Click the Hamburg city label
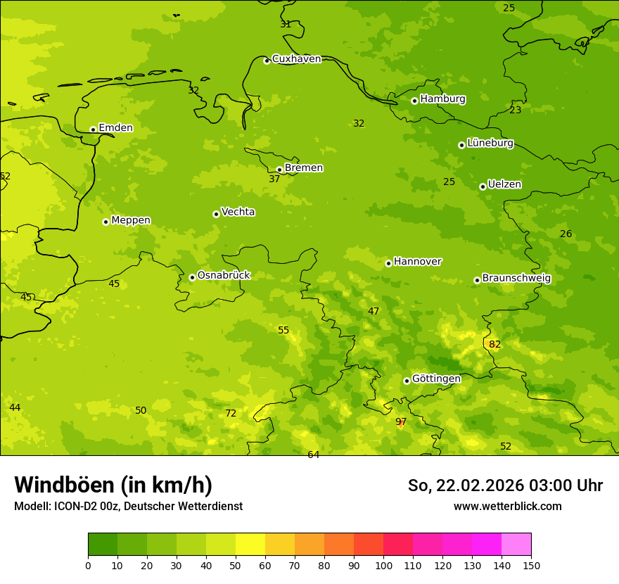pos(442,99)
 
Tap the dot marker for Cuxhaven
pos(267,61)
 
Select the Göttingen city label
pos(436,379)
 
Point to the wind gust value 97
pos(401,422)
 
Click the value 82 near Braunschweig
pos(495,344)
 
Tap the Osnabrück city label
pos(224,275)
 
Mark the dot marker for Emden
pos(93,129)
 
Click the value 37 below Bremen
pos(274,179)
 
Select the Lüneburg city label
pos(490,143)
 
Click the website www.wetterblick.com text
pos(507,506)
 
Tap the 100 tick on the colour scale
pos(383,565)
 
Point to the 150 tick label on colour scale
pos(531,565)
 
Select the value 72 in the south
pos(231,413)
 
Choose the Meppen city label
pos(131,220)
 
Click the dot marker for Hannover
pos(388,263)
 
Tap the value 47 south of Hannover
pos(374,311)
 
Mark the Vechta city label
pos(238,212)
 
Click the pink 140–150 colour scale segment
pos(516,544)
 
